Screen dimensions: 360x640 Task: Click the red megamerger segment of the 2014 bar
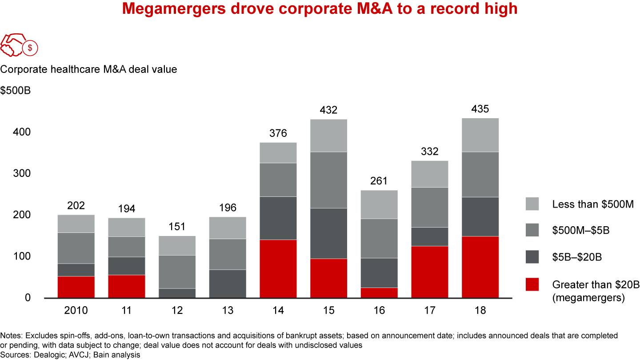pos(278,269)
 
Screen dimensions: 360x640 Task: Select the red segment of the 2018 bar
pos(480,267)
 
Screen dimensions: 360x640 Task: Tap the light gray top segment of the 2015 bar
pos(328,136)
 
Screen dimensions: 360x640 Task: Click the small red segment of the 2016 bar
pos(379,293)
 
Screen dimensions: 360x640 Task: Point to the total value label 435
pos(480,109)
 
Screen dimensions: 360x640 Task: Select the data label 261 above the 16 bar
pos(379,181)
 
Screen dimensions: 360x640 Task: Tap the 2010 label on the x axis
pos(76,310)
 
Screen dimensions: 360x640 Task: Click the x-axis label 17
pos(429,310)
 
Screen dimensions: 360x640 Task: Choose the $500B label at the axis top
pos(15,91)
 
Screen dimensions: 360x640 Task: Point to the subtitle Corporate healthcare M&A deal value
pos(88,69)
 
